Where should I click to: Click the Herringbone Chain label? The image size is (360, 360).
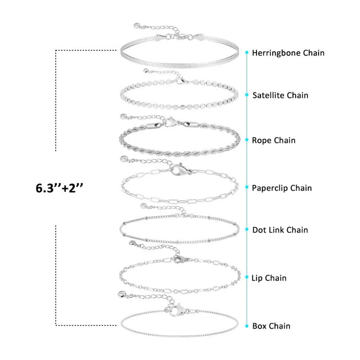click(288, 53)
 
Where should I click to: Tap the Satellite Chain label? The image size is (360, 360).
click(280, 95)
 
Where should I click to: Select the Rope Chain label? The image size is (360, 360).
click(274, 140)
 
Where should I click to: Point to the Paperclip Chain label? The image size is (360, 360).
click(282, 188)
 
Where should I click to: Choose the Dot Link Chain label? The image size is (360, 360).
click(280, 230)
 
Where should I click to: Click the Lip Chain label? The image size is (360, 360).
click(269, 278)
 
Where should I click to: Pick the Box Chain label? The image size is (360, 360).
click(271, 326)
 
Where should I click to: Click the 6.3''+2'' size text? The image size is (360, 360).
click(60, 188)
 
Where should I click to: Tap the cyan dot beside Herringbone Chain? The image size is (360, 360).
click(247, 53)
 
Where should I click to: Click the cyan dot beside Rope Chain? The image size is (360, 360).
click(247, 140)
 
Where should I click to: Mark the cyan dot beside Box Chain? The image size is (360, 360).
click(247, 325)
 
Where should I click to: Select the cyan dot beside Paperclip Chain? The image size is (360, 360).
click(247, 188)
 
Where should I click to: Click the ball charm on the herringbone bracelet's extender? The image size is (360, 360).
click(137, 26)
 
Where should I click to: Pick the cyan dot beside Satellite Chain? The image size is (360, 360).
click(247, 95)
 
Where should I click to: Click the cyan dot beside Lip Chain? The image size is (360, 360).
click(247, 278)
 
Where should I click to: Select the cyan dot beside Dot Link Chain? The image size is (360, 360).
click(247, 229)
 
